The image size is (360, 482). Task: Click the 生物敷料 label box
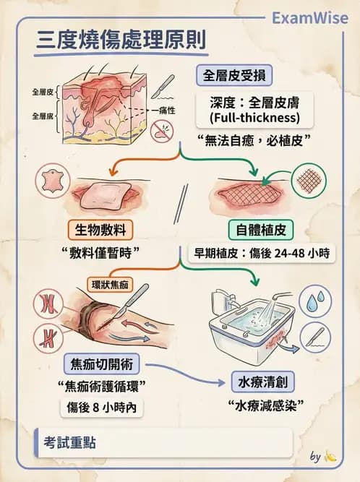[x=103, y=230]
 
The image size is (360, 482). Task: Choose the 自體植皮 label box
[x=261, y=230]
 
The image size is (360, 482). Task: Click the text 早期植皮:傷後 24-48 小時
[x=261, y=254]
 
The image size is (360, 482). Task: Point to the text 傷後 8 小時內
[x=101, y=408]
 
